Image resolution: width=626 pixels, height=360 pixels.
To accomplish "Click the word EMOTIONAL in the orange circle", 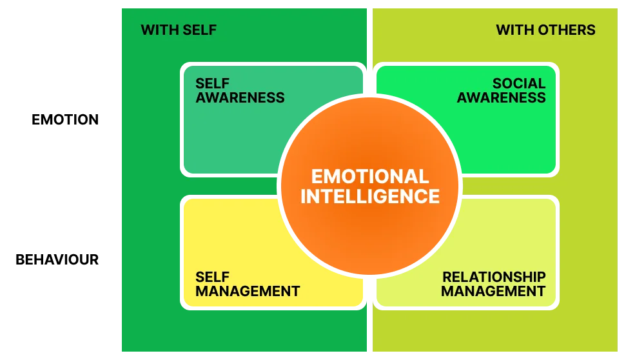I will click(369, 177).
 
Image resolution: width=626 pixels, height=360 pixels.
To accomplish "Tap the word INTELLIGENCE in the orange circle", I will click(369, 196).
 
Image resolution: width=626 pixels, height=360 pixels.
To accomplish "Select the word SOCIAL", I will click(519, 84).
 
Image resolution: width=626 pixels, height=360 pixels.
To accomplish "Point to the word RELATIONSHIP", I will click(494, 277).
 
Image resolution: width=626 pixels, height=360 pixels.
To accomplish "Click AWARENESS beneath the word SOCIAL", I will click(502, 98).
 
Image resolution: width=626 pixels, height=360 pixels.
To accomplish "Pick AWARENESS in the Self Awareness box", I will click(240, 98).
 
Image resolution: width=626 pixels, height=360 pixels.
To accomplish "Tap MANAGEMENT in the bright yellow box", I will click(248, 291).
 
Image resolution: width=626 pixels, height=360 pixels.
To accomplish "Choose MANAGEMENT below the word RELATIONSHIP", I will click(493, 291).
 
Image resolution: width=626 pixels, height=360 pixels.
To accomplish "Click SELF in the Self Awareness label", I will click(212, 84).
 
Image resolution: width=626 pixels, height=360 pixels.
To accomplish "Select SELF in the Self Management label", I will click(212, 277).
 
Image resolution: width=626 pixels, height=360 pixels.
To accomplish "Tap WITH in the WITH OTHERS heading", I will click(512, 30).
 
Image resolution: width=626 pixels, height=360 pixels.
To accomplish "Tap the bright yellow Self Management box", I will click(226, 239).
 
